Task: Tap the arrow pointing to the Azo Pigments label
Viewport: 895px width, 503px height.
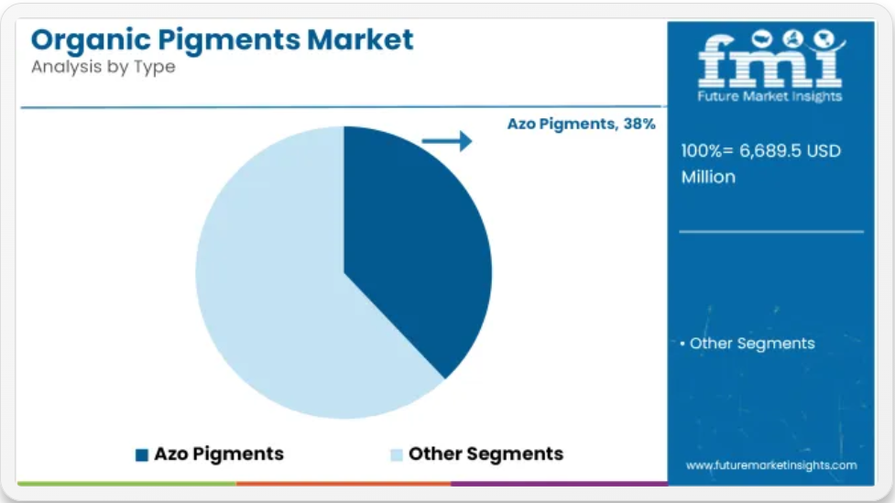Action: coord(447,141)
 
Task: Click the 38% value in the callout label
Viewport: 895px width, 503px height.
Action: coord(639,124)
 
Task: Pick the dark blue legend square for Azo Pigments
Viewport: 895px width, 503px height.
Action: coord(142,454)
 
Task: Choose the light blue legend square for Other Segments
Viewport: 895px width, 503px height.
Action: coord(396,454)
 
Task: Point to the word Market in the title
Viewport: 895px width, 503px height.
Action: coord(360,39)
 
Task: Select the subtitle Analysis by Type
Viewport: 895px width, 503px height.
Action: coord(104,67)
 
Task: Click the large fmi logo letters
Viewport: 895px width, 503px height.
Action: coord(770,60)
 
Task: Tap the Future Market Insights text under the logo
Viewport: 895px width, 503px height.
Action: coord(769,96)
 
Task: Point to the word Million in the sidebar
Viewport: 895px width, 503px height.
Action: coord(708,177)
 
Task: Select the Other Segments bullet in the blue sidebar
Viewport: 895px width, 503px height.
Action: coord(748,344)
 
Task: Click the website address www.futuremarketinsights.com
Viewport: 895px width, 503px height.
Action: coord(771,465)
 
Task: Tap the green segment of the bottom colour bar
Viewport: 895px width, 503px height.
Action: coord(126,484)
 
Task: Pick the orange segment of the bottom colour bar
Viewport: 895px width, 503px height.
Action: coord(344,484)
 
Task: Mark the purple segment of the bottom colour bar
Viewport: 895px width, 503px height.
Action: coord(560,484)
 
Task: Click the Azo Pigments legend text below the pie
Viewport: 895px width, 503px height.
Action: coord(219,454)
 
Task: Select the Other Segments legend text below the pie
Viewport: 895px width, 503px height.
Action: coord(486,454)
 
